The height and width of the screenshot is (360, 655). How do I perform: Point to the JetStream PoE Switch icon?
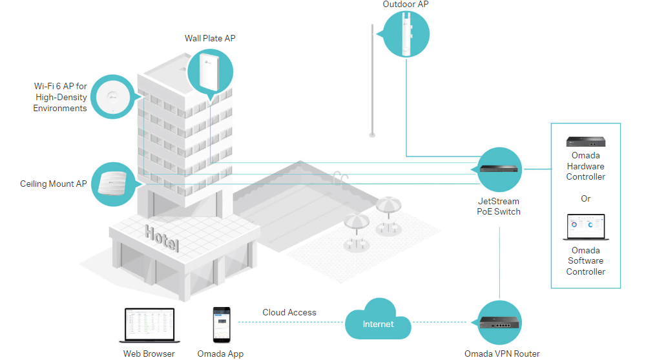(500, 169)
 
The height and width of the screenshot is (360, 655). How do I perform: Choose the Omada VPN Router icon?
(500, 321)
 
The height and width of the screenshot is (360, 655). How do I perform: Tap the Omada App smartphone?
(222, 324)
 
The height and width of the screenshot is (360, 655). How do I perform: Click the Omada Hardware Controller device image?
(585, 142)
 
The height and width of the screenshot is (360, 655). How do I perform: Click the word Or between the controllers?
(585, 198)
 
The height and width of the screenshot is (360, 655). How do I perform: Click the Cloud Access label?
(289, 313)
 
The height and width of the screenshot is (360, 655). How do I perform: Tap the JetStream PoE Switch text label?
(498, 206)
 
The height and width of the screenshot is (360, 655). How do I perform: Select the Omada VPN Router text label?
(502, 354)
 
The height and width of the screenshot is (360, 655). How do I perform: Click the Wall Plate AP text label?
(210, 38)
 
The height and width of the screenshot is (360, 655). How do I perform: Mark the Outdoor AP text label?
(405, 5)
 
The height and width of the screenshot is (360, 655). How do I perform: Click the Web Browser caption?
(149, 354)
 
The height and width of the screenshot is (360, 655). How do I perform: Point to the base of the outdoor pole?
(372, 134)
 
